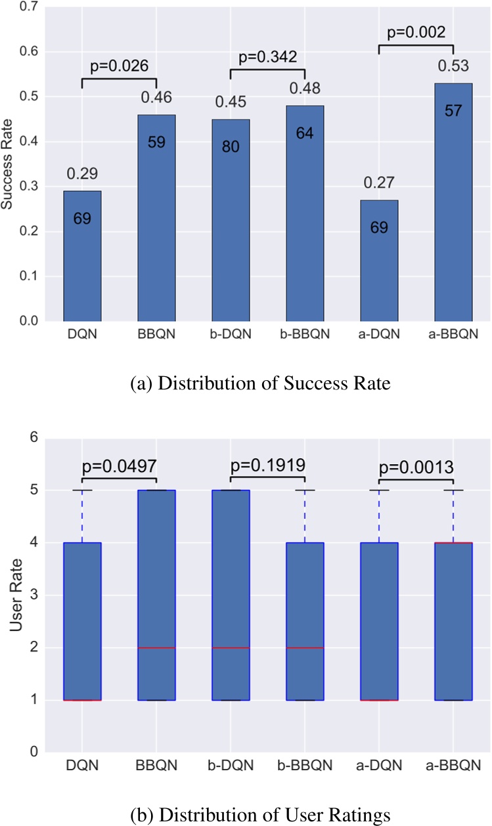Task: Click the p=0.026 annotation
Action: click(x=118, y=65)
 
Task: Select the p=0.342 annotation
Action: click(x=267, y=56)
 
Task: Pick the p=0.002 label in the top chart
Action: click(x=416, y=32)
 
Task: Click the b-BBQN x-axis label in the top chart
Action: click(x=305, y=335)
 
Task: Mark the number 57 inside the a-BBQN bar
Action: click(x=453, y=110)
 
